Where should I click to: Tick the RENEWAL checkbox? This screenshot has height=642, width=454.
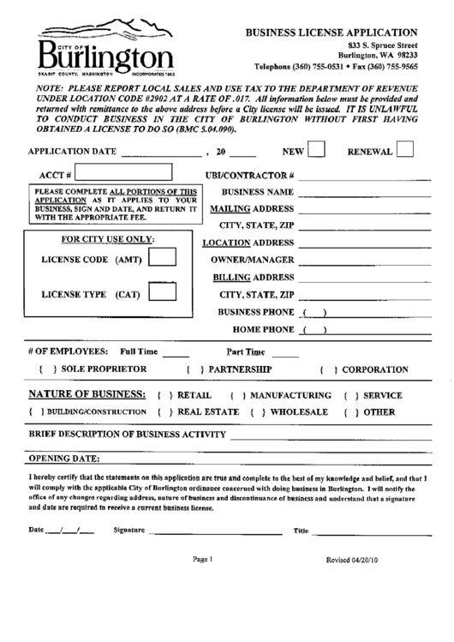coord(407,151)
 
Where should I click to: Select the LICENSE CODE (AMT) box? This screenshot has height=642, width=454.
coord(169,257)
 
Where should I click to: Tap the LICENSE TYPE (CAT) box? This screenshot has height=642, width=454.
coord(169,294)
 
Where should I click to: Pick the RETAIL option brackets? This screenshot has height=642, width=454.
coord(164,396)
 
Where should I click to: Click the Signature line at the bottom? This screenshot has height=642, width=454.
coord(214,531)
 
